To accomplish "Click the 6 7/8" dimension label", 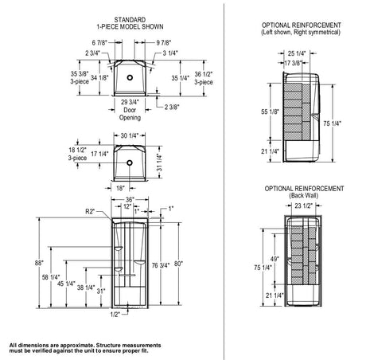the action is pyautogui.click(x=99, y=42).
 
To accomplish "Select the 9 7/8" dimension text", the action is pyautogui.click(x=164, y=42).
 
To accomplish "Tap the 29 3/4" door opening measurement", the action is pyautogui.click(x=130, y=102).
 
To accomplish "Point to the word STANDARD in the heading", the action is pyautogui.click(x=130, y=20).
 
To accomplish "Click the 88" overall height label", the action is pyautogui.click(x=39, y=263).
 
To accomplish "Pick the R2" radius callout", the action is pyautogui.click(x=90, y=211).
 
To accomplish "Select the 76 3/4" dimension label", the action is pyautogui.click(x=161, y=265).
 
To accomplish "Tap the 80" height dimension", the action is pyautogui.click(x=178, y=264).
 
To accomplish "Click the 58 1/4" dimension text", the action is pyautogui.click(x=51, y=277).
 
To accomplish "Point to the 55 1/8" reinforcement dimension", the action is pyautogui.click(x=270, y=112).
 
